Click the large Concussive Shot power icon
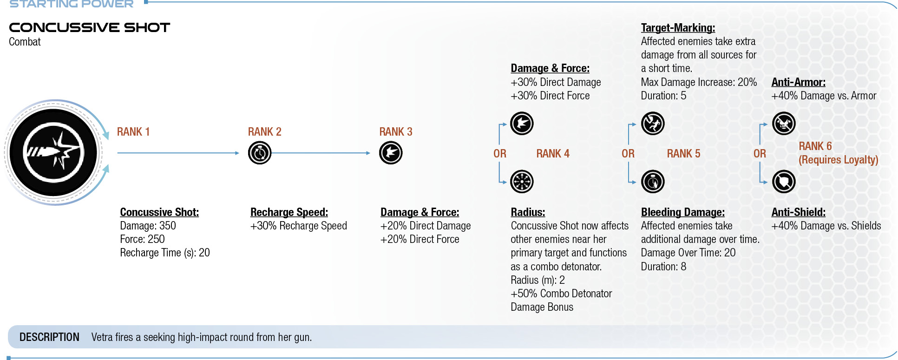[53, 152]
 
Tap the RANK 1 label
[133, 132]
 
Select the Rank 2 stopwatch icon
[260, 153]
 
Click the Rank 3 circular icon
[391, 153]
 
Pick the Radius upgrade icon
[522, 182]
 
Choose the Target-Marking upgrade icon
[653, 124]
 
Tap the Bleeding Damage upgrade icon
[653, 182]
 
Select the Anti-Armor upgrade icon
[784, 124]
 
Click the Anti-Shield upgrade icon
[784, 182]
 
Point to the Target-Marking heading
[678, 28]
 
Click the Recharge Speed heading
[289, 212]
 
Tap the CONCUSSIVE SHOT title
[90, 27]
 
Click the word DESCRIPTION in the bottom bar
[49, 337]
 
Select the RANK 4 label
[553, 154]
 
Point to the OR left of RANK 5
[628, 154]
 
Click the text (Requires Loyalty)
[838, 160]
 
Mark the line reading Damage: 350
[148, 226]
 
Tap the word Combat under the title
[25, 42]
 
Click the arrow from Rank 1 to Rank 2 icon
[178, 153]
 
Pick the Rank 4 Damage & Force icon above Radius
[522, 124]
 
